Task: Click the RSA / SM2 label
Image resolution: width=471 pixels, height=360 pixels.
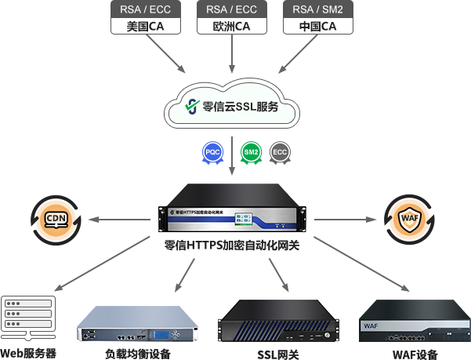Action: tap(319, 10)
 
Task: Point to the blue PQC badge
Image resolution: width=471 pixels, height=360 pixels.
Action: tap(212, 151)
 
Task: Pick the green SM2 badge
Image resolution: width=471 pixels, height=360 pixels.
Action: tap(251, 151)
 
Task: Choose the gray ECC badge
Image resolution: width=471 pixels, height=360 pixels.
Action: tap(280, 151)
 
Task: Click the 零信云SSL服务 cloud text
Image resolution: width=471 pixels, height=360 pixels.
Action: tap(241, 106)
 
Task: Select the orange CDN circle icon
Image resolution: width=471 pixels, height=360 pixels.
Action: tap(56, 219)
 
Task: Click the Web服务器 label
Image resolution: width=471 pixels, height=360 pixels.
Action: tap(29, 353)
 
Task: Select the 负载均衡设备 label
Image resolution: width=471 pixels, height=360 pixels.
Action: tap(137, 353)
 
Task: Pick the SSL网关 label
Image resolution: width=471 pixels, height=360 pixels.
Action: tap(277, 354)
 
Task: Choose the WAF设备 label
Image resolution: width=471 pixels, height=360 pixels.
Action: tap(415, 354)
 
